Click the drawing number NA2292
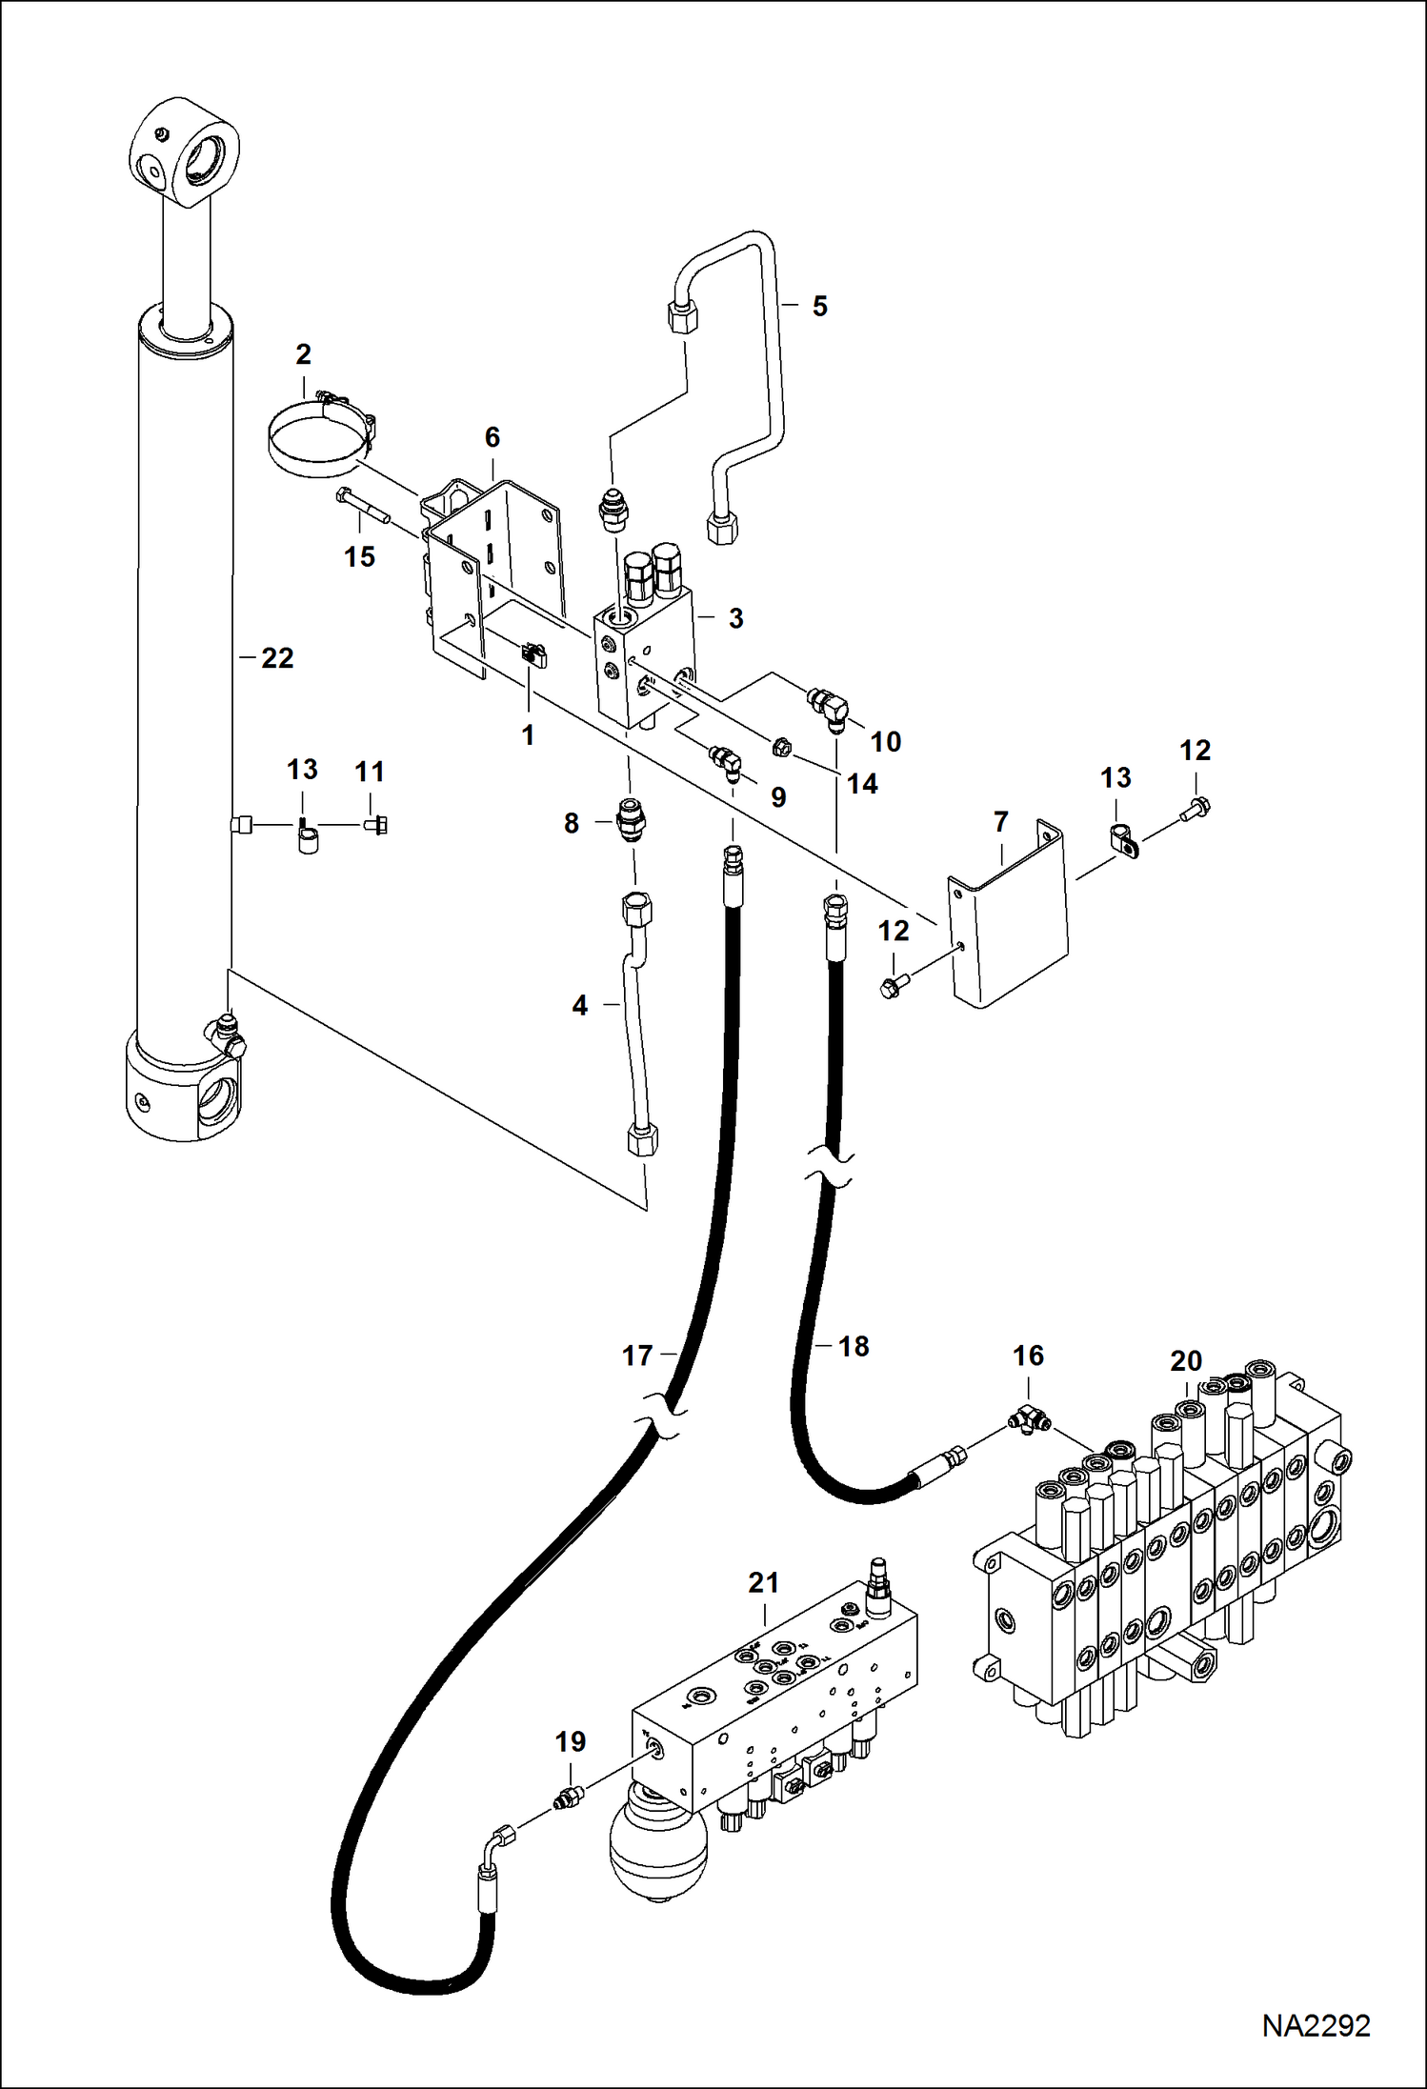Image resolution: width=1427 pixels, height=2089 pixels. (1316, 2025)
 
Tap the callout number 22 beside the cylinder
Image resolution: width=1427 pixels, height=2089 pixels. (277, 658)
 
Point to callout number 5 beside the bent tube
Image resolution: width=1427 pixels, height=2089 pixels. (819, 307)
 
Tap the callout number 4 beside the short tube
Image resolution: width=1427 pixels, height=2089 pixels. (579, 1005)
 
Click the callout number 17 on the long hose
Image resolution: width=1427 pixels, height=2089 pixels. (637, 1356)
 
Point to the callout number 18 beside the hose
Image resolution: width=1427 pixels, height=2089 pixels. (854, 1346)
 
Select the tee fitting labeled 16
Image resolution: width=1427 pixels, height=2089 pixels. (1027, 1420)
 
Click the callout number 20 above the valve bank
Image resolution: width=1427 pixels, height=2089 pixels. (1186, 1361)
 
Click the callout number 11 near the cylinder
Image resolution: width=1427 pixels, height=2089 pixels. (370, 772)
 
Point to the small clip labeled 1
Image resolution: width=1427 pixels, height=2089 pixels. (533, 655)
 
